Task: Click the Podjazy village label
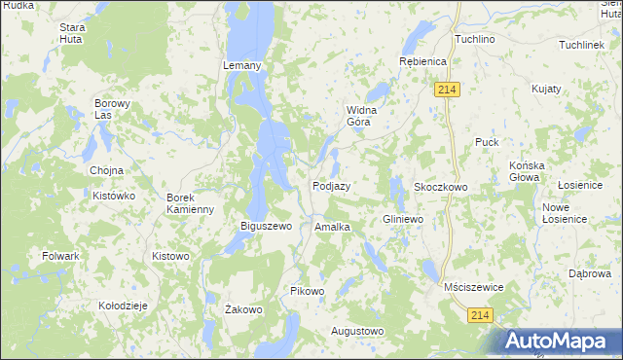pos(331,186)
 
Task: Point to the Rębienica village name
pos(421,61)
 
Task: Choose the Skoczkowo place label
pos(441,186)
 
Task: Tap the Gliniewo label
pos(404,220)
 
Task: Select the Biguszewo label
pos(267,227)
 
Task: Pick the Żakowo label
pos(243,310)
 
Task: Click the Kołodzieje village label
pos(123,306)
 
